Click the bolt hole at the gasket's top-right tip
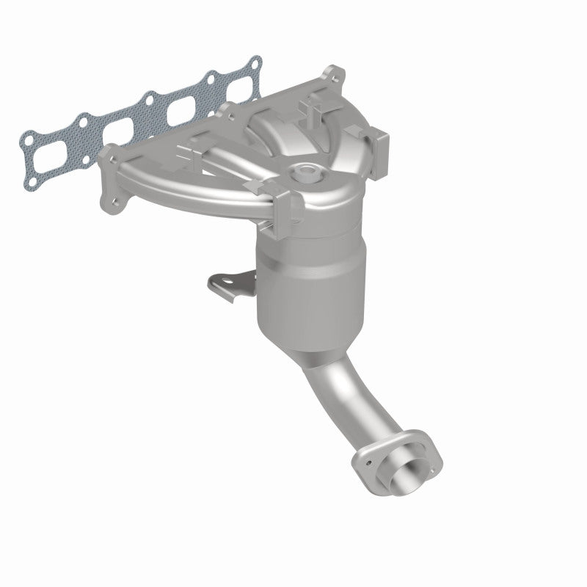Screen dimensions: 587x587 [253, 62]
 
